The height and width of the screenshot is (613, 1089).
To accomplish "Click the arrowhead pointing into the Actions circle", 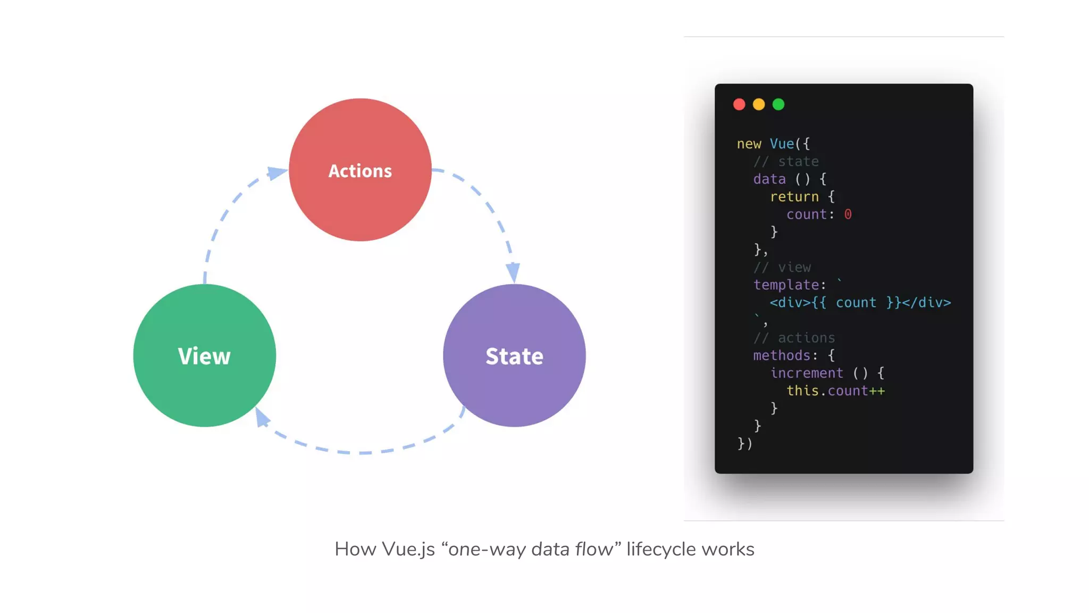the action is tap(277, 172).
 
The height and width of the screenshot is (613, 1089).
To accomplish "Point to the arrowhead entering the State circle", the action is tap(513, 272).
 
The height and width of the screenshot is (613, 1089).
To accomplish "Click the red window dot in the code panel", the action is tap(739, 104).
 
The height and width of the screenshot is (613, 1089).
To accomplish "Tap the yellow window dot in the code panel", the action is tap(759, 104).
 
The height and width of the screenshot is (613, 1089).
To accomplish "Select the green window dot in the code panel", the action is tap(778, 104).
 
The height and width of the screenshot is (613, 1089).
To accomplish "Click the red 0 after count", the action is tap(848, 214).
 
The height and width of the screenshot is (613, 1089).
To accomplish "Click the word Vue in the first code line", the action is tap(782, 144).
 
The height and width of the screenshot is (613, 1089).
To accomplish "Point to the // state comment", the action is tap(786, 161).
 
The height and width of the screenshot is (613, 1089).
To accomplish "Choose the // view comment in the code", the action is tap(782, 267).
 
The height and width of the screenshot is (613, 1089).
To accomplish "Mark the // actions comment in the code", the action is tap(794, 338).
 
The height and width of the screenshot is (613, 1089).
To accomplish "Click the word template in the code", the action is tap(786, 285).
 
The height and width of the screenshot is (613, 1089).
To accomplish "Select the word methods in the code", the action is tap(782, 355).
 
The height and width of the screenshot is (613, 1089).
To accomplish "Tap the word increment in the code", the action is tap(807, 373).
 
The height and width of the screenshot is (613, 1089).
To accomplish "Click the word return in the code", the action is tap(794, 196).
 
